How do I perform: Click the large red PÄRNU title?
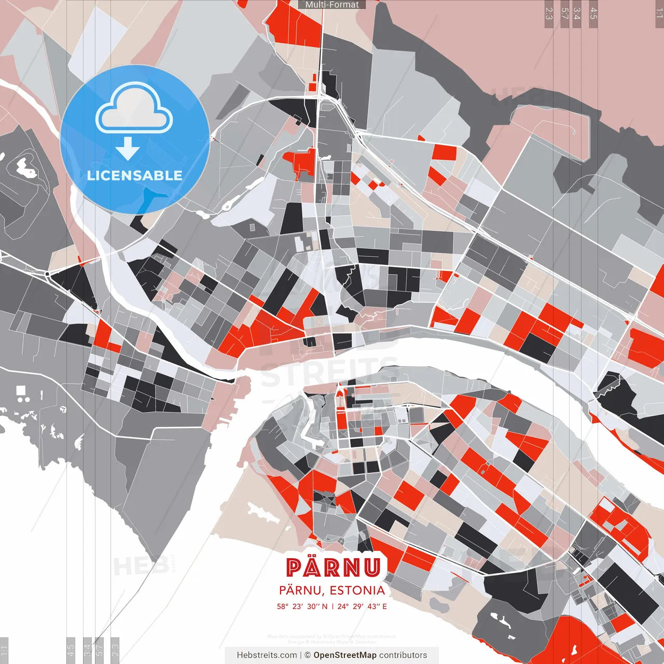point(334,568)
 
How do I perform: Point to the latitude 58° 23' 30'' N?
point(302,606)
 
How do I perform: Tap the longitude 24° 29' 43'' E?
point(362,606)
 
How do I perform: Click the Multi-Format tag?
point(332,5)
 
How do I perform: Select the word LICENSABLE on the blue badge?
point(135,175)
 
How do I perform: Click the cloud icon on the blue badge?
point(134,110)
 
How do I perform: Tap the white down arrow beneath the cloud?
point(128,149)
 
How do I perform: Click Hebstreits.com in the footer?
point(267,655)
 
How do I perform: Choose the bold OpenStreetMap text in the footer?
point(345,655)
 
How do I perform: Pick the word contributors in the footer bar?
point(403,655)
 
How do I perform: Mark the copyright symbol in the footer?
point(308,655)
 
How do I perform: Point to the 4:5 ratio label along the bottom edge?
point(71,650)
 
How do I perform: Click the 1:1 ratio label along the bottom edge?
point(4,650)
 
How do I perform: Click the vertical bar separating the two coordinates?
point(333,606)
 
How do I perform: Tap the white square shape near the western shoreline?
point(21,390)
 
